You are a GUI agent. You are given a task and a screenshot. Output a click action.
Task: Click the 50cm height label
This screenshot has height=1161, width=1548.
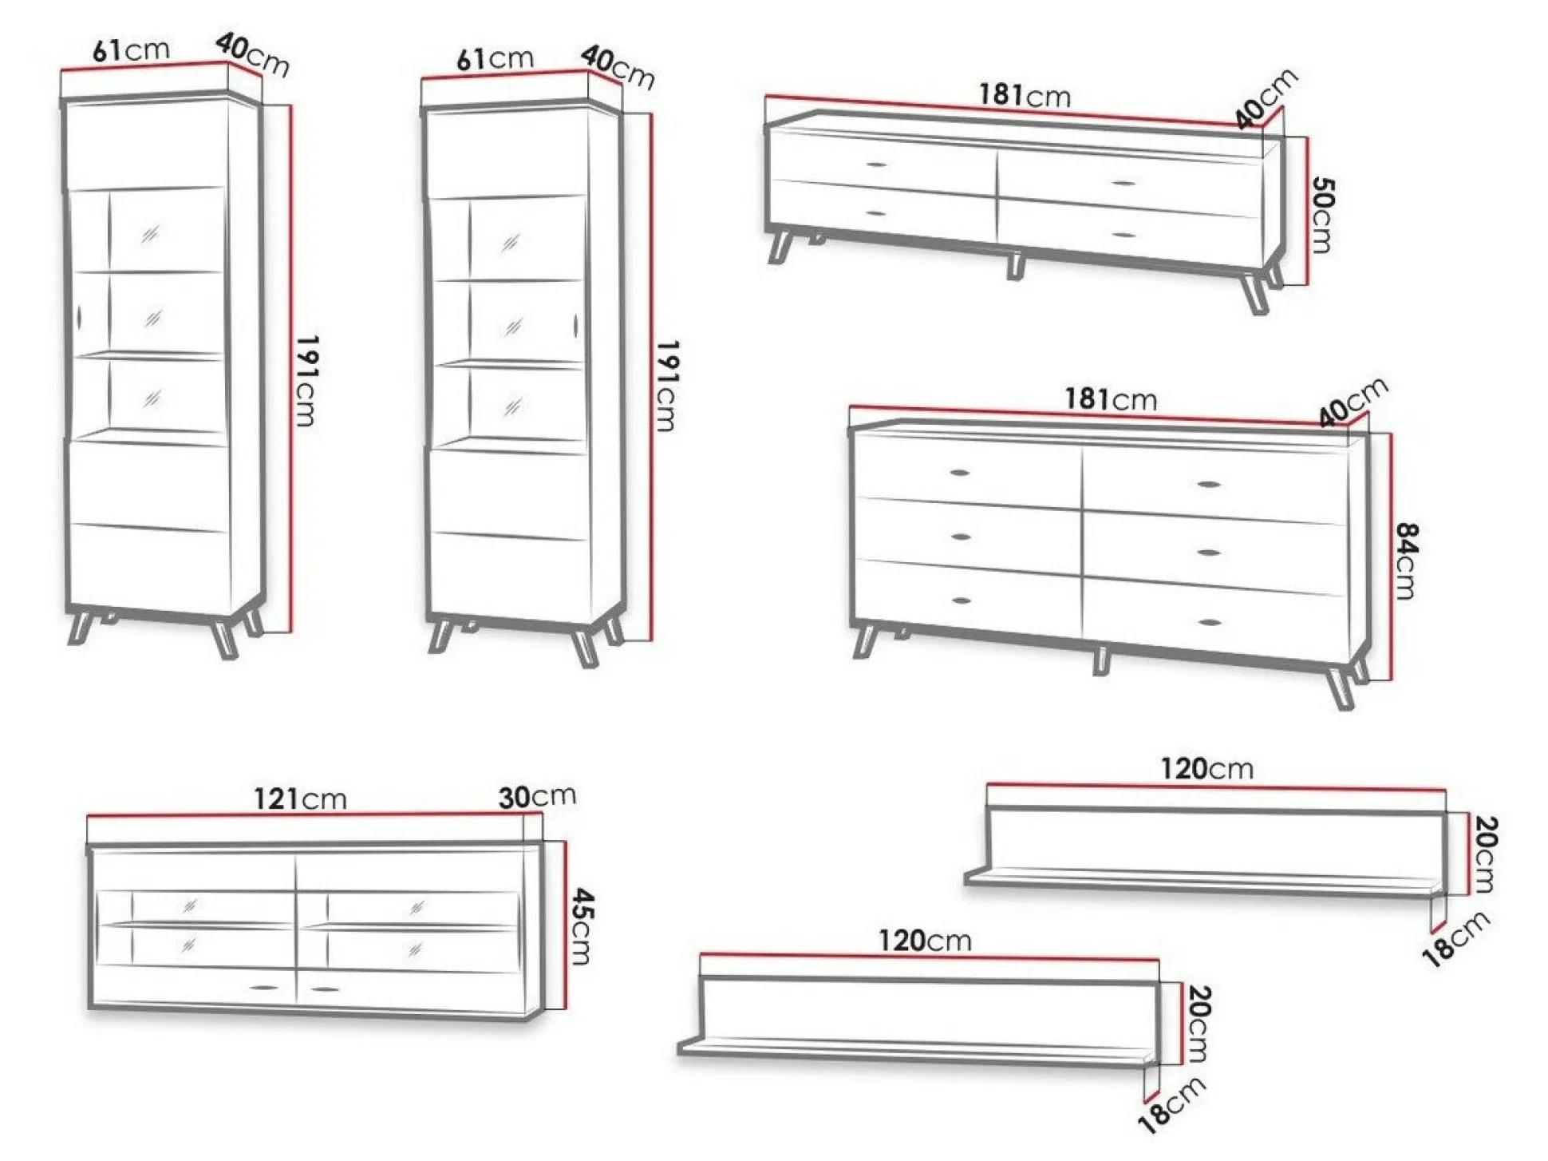tap(1321, 215)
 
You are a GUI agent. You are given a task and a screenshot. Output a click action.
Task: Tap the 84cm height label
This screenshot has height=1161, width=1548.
tap(1406, 561)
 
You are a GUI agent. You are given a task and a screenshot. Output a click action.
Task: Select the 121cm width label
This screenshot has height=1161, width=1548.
tap(300, 798)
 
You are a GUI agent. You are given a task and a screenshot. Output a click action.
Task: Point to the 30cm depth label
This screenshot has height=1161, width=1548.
tap(537, 795)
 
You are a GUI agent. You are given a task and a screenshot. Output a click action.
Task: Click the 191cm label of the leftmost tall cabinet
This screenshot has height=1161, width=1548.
tap(306, 381)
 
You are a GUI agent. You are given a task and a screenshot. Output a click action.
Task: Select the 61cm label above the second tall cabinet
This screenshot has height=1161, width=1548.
tap(495, 58)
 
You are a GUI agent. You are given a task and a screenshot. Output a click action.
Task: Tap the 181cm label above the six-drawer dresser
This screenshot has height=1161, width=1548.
tap(1111, 398)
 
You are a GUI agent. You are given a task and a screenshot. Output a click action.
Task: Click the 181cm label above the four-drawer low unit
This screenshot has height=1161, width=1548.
tap(1025, 95)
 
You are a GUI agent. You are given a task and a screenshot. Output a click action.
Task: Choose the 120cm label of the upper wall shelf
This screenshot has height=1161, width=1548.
tap(1206, 768)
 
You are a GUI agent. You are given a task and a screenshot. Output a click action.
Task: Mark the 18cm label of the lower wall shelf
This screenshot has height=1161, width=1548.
tap(1171, 1105)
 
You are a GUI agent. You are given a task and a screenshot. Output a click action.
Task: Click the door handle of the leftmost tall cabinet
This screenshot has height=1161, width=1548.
tap(79, 318)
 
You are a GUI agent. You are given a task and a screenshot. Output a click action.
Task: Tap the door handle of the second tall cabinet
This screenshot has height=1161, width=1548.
tap(575, 325)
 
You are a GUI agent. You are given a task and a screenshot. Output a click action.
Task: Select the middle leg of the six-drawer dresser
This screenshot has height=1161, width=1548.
tap(1101, 660)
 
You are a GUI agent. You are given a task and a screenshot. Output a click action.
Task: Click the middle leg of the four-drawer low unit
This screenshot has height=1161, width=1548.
tap(1014, 265)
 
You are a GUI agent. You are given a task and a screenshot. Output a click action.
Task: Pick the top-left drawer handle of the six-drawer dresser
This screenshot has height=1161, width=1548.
tap(960, 473)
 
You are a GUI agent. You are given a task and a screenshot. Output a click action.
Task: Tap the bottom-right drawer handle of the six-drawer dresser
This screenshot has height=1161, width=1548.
tap(1210, 622)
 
